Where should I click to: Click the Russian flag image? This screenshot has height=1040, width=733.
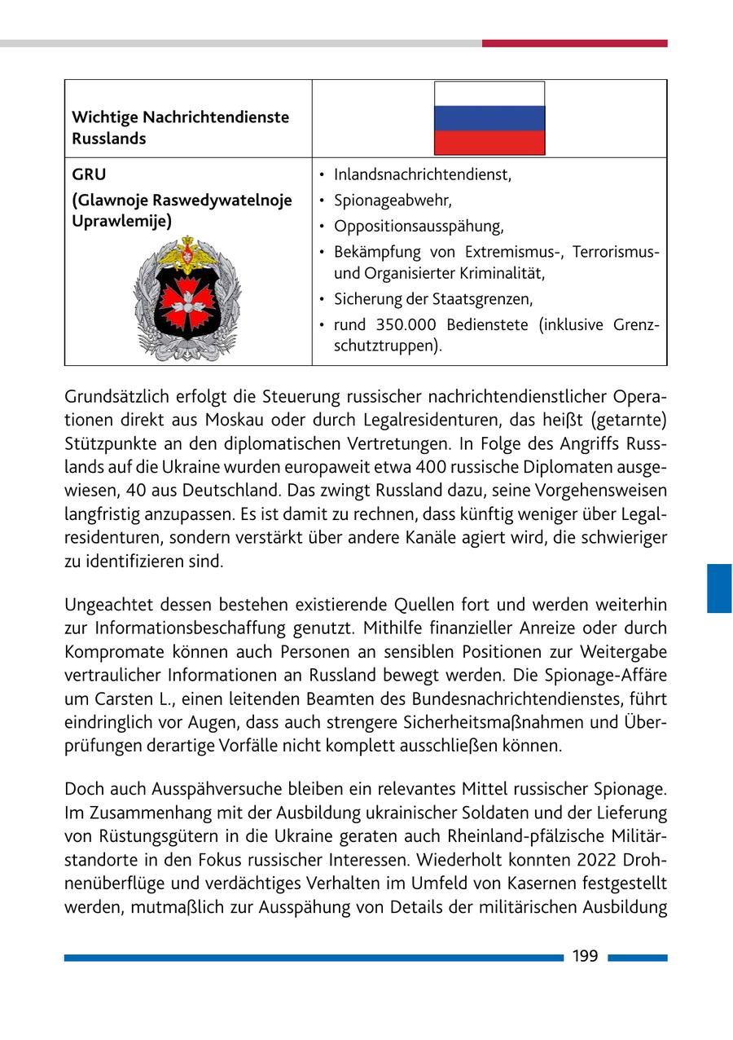[489, 118]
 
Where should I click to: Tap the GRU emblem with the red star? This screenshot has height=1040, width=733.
[187, 298]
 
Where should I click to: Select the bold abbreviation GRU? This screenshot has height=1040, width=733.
[89, 174]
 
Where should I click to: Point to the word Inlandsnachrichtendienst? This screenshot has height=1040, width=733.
[422, 174]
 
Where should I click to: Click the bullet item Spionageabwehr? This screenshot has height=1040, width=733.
[393, 201]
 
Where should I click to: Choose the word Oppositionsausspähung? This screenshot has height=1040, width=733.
[419, 227]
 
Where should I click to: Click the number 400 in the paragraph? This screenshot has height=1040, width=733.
[431, 468]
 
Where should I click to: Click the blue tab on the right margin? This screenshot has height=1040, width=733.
[719, 588]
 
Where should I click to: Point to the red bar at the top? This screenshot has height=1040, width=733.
[574, 43]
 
